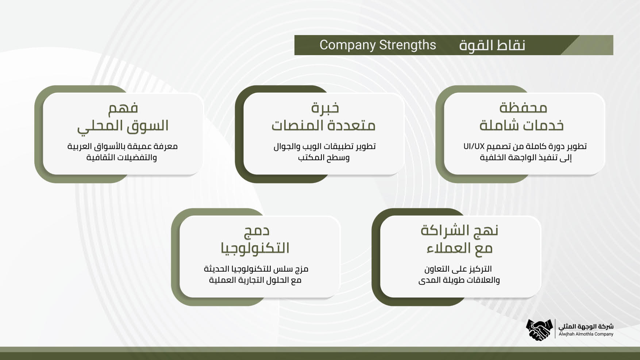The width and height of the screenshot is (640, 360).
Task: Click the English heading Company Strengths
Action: pos(378,45)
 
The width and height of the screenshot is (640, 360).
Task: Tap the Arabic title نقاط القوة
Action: pos(492,45)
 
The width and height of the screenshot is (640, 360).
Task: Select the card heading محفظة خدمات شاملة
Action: pos(522,116)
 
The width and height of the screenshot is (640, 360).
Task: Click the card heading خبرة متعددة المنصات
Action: pos(323,116)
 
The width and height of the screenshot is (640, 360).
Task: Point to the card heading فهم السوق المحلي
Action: pos(123,117)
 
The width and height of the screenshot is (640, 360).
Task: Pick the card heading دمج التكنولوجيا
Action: pos(255,240)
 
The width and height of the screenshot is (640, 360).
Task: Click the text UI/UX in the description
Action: pos(474,146)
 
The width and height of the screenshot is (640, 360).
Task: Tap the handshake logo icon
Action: pos(540,330)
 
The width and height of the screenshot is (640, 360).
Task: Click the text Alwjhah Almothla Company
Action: pos(586,334)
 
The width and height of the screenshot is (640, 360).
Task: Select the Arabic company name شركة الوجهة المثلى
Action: pos(586,326)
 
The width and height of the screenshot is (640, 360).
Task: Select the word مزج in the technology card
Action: pos(301,269)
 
